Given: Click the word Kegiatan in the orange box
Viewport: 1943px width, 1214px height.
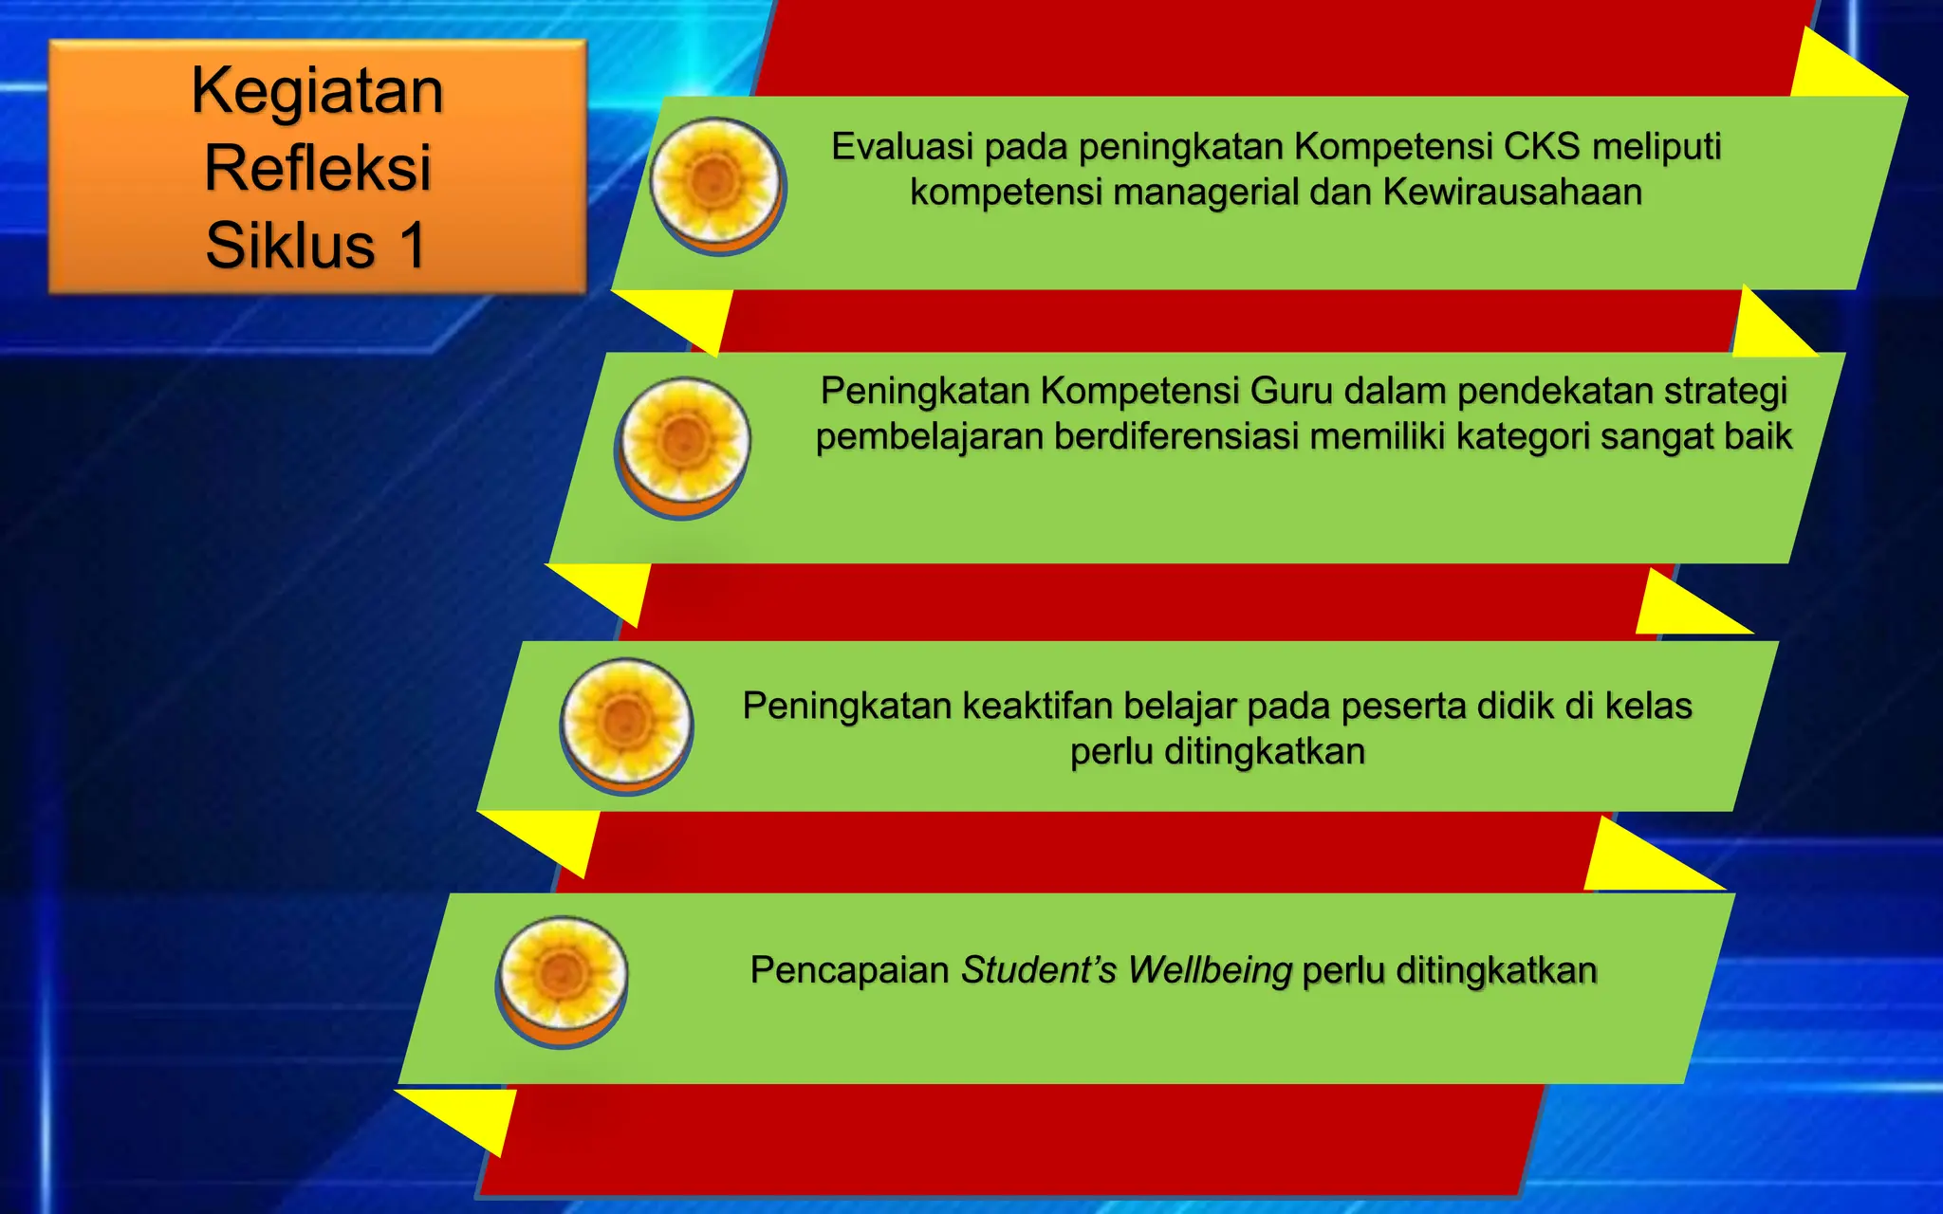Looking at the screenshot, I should click(x=318, y=92).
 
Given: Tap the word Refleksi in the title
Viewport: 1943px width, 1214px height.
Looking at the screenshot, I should click(x=318, y=168).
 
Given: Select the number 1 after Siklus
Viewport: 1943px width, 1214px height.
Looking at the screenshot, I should click(x=411, y=246).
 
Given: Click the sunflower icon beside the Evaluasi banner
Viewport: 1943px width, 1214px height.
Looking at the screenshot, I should click(x=716, y=182).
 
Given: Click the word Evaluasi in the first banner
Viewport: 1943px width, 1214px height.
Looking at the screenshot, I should click(x=902, y=147).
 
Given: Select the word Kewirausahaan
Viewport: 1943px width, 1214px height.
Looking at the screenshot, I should click(x=1512, y=193).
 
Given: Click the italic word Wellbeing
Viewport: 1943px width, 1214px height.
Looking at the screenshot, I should click(x=1210, y=970).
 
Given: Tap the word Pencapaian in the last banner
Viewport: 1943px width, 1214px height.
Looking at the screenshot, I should click(x=849, y=970).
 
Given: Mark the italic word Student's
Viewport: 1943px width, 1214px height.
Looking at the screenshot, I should click(x=1039, y=970).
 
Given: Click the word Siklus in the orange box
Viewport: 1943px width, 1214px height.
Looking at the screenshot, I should click(x=290, y=246).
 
